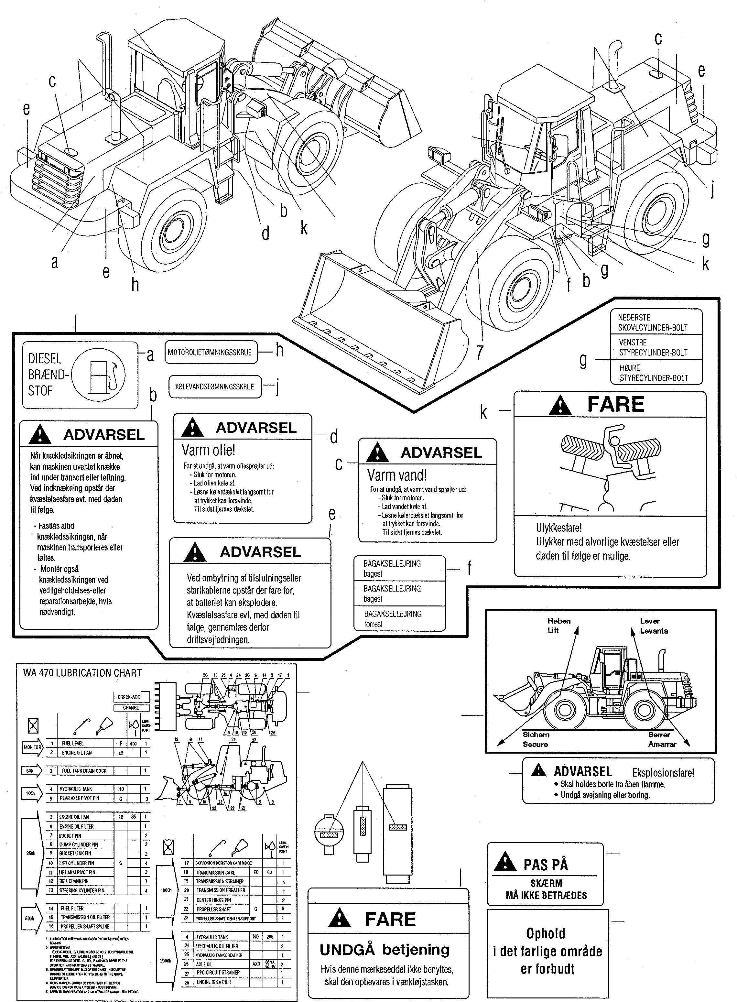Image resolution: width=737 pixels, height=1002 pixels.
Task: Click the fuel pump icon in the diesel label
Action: point(99,375)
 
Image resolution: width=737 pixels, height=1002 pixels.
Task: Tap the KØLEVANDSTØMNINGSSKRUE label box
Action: point(215,387)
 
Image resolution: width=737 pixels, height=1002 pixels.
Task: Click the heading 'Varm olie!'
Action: point(208,450)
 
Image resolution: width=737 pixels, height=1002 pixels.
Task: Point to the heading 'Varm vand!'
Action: point(397,475)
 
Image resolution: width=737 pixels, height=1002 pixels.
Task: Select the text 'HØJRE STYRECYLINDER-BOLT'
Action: point(654,373)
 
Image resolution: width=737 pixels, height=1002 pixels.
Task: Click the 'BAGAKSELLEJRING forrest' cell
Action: point(393,619)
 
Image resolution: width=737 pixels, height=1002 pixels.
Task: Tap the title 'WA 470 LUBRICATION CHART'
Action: point(82,673)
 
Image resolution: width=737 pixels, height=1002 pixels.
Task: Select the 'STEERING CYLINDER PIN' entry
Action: point(82,890)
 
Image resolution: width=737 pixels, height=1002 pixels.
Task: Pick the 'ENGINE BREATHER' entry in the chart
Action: point(214,982)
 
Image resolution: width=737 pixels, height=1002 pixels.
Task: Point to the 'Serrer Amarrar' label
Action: point(662,739)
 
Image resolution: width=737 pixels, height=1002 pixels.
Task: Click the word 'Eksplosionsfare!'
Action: point(663,773)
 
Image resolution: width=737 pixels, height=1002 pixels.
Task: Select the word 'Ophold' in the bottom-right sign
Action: point(545,933)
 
